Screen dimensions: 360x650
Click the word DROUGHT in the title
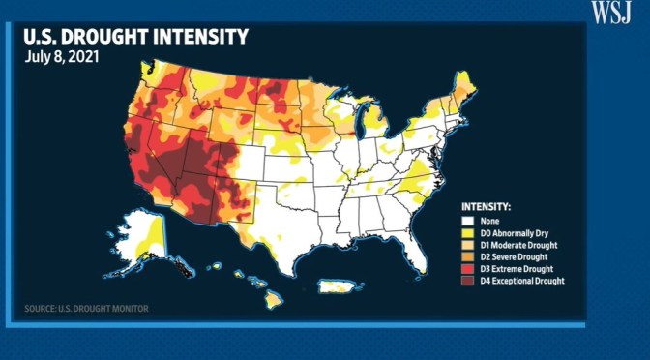(x=118, y=38)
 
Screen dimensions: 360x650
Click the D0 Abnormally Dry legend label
(x=516, y=231)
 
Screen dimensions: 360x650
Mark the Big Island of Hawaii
(x=274, y=301)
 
